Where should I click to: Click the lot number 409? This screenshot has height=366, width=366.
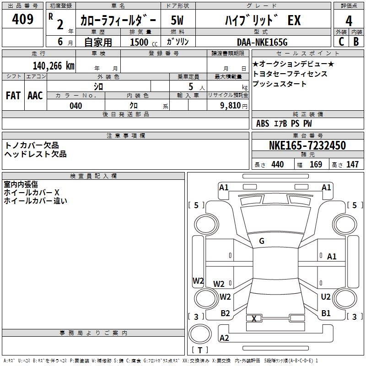click(22, 19)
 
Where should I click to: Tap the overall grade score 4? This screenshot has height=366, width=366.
click(349, 21)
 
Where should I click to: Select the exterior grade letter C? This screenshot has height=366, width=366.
click(341, 42)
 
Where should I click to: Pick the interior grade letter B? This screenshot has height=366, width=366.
click(356, 42)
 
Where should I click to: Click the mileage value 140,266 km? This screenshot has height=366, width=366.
click(54, 65)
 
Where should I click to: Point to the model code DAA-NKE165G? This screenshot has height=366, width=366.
click(262, 42)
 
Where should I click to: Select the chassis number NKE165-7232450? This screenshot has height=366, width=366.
click(307, 145)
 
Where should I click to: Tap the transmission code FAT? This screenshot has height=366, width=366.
click(13, 96)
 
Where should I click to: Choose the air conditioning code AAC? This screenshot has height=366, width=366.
click(35, 96)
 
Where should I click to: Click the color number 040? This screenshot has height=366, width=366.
click(76, 106)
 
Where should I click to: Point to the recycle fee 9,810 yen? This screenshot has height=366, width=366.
click(234, 106)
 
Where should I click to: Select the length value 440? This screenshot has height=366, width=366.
click(278, 164)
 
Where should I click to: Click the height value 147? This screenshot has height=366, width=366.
click(352, 164)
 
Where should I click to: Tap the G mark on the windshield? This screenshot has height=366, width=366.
click(262, 241)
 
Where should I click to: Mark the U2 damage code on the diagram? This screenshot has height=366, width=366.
click(326, 297)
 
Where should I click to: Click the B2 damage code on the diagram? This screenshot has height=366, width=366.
click(225, 313)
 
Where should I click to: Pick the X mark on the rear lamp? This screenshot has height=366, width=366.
click(254, 318)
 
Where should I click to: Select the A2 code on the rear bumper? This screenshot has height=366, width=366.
click(224, 338)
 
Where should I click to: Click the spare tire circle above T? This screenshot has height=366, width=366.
click(200, 334)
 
